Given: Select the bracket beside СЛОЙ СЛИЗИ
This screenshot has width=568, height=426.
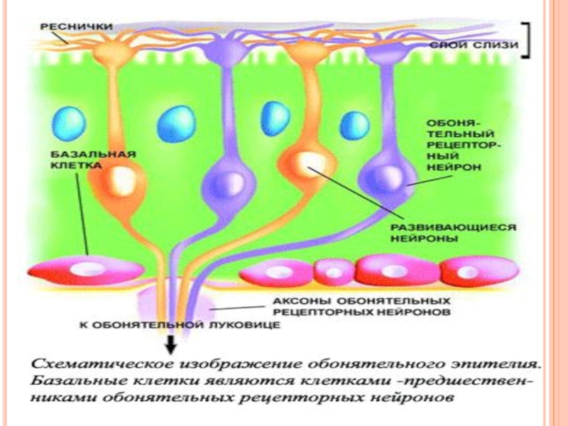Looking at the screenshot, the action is click(526, 40).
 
